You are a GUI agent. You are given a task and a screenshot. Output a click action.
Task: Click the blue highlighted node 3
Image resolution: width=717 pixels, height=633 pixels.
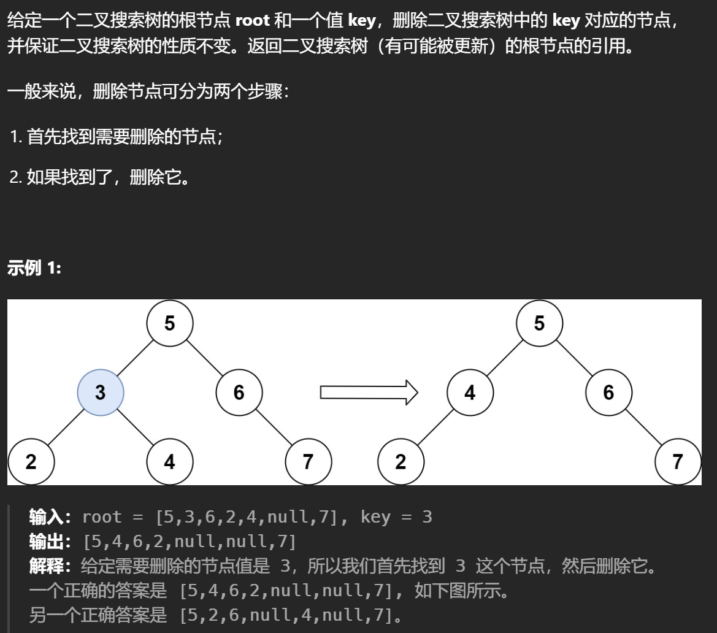(x=101, y=393)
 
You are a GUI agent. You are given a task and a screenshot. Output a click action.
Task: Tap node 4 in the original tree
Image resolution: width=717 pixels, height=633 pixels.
(x=170, y=461)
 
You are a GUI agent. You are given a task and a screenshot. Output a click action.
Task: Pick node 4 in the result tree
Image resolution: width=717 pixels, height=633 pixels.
(x=470, y=393)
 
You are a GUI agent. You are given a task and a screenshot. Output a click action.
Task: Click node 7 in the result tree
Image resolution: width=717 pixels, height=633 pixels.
(x=678, y=461)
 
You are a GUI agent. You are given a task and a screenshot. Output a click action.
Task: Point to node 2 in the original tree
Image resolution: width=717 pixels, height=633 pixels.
(x=31, y=461)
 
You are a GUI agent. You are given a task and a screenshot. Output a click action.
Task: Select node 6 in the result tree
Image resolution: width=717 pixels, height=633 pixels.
(x=608, y=393)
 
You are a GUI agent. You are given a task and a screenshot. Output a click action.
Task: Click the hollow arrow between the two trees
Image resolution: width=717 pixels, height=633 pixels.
(x=369, y=392)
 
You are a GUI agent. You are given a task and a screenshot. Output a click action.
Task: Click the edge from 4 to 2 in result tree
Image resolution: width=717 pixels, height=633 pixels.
(x=435, y=427)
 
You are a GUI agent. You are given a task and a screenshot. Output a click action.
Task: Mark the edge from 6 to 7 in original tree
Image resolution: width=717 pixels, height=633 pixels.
(x=274, y=427)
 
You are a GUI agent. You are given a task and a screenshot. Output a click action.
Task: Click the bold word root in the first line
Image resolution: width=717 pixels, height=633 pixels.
(x=252, y=20)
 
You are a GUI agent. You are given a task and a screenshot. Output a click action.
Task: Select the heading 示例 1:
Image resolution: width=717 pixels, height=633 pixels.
(x=34, y=268)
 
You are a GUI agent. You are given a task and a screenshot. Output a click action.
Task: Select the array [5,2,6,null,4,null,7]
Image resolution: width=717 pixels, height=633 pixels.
(x=286, y=615)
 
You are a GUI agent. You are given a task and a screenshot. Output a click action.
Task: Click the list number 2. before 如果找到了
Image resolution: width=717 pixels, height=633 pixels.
(x=17, y=178)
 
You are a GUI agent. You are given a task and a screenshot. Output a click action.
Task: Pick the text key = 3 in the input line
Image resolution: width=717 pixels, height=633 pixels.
(x=396, y=517)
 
